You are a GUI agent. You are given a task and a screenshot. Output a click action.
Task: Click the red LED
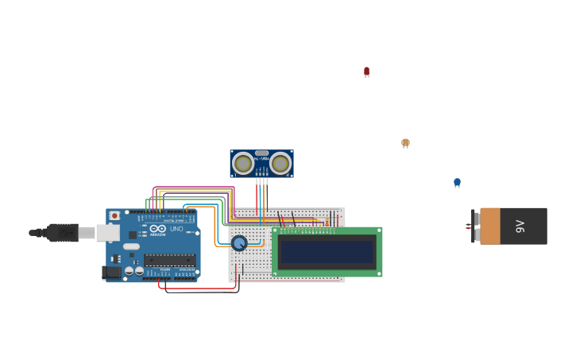[x=366, y=72]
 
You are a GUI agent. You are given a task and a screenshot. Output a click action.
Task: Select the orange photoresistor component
[x=405, y=143]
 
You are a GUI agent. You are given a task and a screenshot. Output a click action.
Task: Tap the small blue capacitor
[x=457, y=183]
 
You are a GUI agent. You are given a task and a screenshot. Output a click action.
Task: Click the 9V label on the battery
[x=520, y=226]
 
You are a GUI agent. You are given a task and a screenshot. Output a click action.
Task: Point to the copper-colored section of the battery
[x=490, y=226]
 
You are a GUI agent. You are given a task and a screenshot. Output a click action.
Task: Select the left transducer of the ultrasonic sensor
[x=243, y=164]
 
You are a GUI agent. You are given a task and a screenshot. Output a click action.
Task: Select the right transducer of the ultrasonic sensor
[x=280, y=164]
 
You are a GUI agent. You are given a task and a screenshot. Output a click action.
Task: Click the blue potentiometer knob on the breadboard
[x=239, y=243]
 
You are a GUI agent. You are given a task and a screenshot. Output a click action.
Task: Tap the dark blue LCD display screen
[x=327, y=252]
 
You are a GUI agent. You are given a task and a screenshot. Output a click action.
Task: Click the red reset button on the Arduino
[x=114, y=215]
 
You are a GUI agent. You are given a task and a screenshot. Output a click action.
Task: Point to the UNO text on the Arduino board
[x=176, y=229]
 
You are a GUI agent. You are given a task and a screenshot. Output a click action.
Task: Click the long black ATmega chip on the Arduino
[x=169, y=260]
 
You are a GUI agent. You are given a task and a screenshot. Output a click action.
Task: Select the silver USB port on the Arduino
[x=108, y=233]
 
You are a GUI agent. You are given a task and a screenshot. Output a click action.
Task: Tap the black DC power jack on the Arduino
[x=112, y=273]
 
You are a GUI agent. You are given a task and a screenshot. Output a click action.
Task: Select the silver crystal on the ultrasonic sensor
[x=261, y=153]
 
